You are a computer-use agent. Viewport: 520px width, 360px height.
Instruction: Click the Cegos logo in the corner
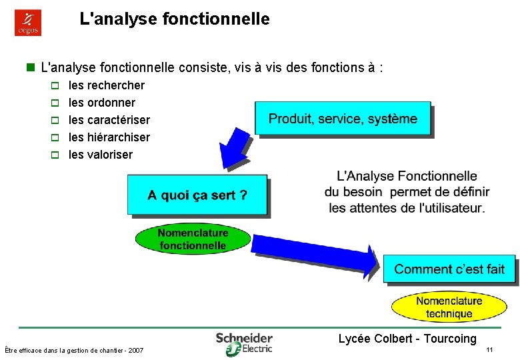click(28, 23)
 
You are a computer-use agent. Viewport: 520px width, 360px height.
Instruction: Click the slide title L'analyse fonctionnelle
click(175, 19)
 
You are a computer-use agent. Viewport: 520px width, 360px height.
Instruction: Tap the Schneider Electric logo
click(244, 343)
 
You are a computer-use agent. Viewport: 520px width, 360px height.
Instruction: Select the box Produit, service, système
click(343, 119)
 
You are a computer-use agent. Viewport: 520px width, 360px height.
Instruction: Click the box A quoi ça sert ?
click(197, 195)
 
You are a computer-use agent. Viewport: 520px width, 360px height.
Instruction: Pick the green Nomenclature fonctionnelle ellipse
click(193, 239)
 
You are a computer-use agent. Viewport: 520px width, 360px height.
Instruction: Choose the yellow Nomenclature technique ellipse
click(449, 307)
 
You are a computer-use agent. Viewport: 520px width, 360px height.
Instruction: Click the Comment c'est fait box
click(449, 269)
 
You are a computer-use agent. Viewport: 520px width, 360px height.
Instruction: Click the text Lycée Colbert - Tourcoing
click(407, 339)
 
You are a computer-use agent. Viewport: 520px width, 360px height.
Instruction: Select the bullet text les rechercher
click(107, 85)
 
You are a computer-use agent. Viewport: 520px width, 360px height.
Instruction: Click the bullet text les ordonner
click(102, 103)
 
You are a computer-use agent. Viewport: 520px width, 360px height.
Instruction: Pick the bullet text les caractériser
click(109, 120)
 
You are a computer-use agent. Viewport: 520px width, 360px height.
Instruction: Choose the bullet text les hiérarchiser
click(109, 137)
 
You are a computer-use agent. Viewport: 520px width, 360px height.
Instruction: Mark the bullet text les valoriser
click(101, 155)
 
